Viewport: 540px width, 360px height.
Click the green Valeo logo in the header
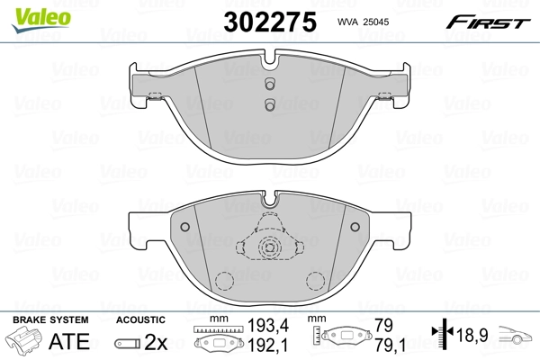click(x=30, y=12)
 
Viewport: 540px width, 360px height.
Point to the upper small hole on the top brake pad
click(x=269, y=86)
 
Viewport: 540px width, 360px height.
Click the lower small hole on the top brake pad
click(x=269, y=105)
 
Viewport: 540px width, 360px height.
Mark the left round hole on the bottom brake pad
click(x=184, y=227)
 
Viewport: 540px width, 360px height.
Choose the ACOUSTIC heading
click(x=140, y=319)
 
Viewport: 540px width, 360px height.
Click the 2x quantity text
click(x=157, y=342)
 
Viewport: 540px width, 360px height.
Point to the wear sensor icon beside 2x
click(x=127, y=343)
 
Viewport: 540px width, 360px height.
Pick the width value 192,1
click(x=262, y=346)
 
